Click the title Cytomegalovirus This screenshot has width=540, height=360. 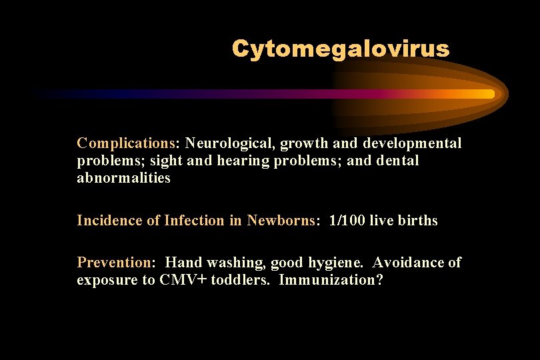tap(341, 48)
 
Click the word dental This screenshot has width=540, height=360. tap(399, 161)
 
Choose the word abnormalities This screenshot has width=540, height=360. tap(123, 178)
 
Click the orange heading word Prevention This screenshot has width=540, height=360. tap(114, 263)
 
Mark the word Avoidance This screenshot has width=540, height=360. tap(409, 263)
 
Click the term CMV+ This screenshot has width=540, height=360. tap(183, 280)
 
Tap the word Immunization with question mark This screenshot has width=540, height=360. tap(331, 280)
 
